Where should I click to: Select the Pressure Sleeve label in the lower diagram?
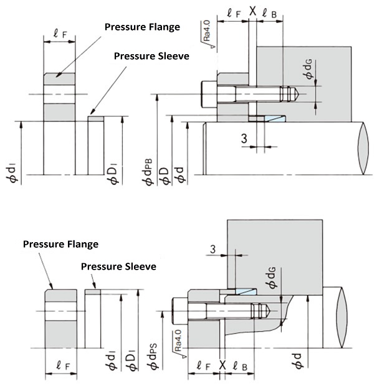[118, 266]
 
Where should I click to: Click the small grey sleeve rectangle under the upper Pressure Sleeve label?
[95, 118]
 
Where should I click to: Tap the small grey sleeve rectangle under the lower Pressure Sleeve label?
[92, 291]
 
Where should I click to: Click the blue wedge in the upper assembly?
[272, 118]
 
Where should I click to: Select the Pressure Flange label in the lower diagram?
[60, 243]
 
